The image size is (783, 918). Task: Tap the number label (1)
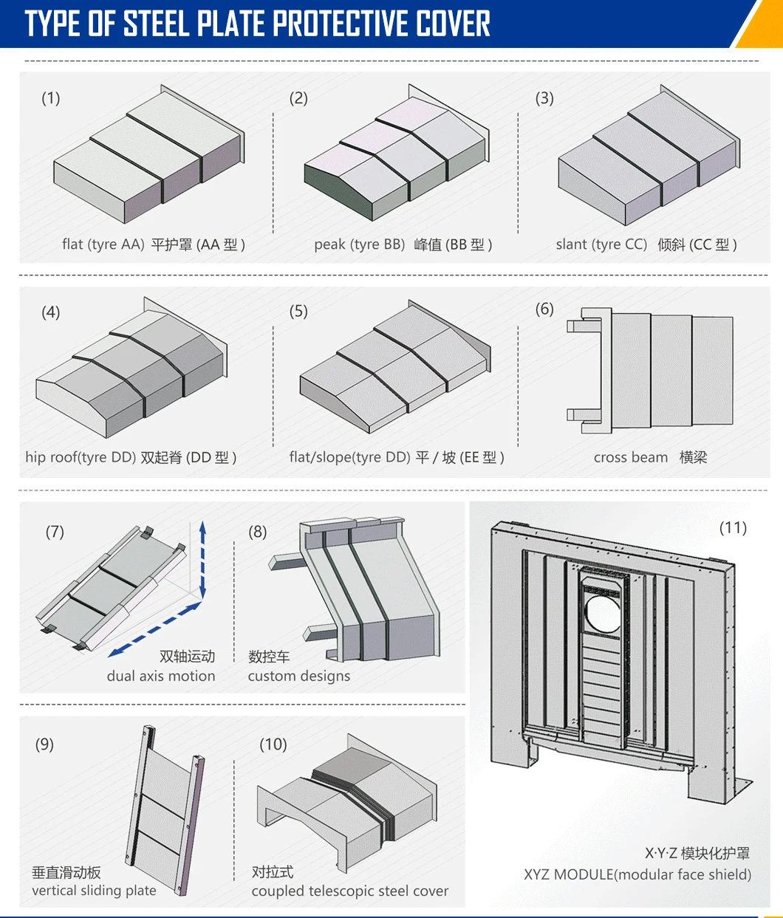click(x=51, y=98)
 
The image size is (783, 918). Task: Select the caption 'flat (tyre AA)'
click(x=103, y=244)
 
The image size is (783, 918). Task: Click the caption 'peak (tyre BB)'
click(x=359, y=244)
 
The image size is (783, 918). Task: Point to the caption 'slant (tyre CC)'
click(x=601, y=244)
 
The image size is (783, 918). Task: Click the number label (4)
click(x=51, y=312)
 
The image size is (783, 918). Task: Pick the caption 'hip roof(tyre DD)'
click(x=81, y=457)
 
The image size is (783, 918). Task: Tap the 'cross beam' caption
click(x=630, y=457)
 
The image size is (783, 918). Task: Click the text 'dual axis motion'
click(x=161, y=676)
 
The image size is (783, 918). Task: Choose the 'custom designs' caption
click(x=299, y=676)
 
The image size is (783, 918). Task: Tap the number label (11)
click(x=733, y=527)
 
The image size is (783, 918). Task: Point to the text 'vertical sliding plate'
click(x=94, y=891)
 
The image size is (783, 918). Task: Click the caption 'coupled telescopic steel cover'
click(x=349, y=891)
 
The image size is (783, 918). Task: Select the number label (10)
click(x=273, y=744)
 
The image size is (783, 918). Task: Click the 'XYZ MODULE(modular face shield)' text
click(x=637, y=874)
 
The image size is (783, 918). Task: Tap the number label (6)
click(x=544, y=309)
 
